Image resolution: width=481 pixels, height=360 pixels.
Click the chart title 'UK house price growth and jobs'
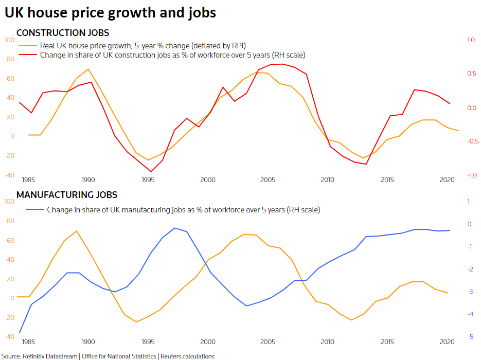110,12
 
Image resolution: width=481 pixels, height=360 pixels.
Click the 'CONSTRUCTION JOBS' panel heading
63,33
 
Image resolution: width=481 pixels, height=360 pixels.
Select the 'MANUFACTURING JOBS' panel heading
67,195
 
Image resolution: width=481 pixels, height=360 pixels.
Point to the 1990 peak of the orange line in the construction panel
88,69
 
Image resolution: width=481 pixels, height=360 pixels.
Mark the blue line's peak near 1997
174,228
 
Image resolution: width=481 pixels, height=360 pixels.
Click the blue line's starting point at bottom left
20,333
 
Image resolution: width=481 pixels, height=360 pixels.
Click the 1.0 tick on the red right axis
470,40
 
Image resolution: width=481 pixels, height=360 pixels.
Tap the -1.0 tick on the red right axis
470,175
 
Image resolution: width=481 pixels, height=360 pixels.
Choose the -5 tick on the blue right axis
469,337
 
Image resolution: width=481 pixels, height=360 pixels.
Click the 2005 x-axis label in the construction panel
267,179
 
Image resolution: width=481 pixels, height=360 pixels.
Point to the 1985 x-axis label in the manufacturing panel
28,341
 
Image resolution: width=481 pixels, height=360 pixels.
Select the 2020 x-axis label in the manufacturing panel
447,341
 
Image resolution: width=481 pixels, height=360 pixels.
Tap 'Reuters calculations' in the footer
188,356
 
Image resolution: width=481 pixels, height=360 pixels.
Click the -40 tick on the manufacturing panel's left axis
9,337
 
